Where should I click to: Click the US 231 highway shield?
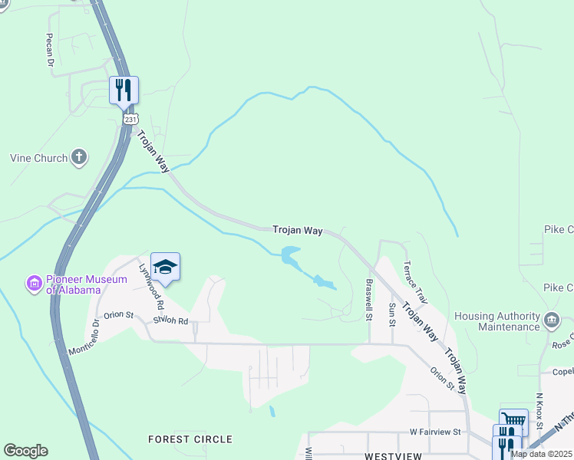pyautogui.click(x=131, y=120)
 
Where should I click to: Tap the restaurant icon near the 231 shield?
pyautogui.click(x=123, y=90)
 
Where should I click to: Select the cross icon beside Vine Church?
pyautogui.click(x=78, y=158)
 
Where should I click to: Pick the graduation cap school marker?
pyautogui.click(x=165, y=266)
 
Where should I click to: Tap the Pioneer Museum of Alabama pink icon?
pyautogui.click(x=34, y=284)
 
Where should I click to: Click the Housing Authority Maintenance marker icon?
pyautogui.click(x=551, y=320)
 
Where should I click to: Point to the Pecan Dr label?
pyautogui.click(x=48, y=50)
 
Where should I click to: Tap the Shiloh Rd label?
pyautogui.click(x=170, y=320)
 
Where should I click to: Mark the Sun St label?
pyautogui.click(x=391, y=314)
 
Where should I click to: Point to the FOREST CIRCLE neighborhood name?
pyautogui.click(x=190, y=439)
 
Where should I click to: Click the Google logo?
pyautogui.click(x=25, y=451)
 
